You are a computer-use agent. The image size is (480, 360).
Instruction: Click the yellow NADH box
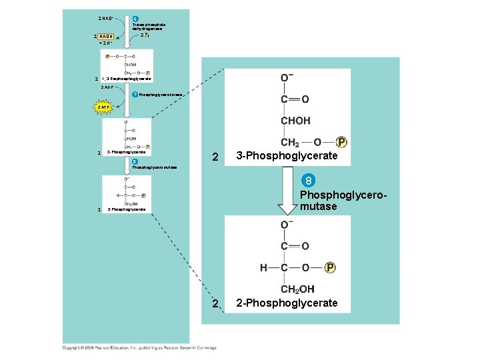pyautogui.click(x=103, y=36)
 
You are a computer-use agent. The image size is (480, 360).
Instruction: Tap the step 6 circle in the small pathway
pyautogui.click(x=136, y=19)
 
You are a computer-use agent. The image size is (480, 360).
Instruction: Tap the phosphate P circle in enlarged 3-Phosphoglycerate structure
pyautogui.click(x=341, y=142)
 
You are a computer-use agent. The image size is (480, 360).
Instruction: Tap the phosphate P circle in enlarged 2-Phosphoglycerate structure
pyautogui.click(x=330, y=268)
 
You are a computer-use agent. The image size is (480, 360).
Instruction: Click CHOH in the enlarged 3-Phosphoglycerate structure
pyautogui.click(x=295, y=121)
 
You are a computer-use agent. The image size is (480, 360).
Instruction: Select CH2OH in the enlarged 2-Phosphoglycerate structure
pyautogui.click(x=297, y=289)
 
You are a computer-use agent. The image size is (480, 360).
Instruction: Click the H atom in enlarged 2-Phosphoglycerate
pyautogui.click(x=264, y=268)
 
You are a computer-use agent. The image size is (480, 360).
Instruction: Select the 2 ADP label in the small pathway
pyautogui.click(x=107, y=87)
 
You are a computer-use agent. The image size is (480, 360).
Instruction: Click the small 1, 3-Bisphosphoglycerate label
pyautogui.click(x=127, y=79)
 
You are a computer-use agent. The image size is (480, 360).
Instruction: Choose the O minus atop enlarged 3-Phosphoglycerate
pyautogui.click(x=285, y=79)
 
